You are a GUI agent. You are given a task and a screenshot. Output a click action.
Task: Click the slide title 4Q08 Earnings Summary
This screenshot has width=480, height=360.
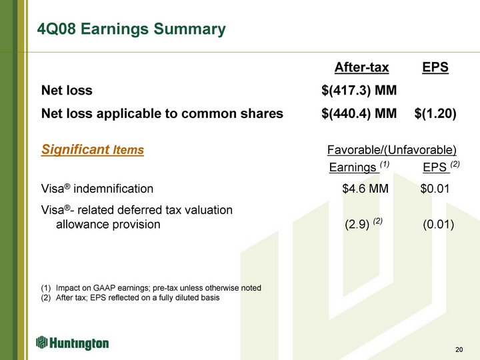coord(131,29)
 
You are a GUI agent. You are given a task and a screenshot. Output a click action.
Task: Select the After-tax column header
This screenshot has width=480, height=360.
coord(361,67)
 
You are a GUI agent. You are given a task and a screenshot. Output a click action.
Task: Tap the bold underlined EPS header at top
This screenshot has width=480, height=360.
coord(435,67)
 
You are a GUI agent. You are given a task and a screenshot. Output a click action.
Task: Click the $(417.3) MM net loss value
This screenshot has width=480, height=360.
coord(359,90)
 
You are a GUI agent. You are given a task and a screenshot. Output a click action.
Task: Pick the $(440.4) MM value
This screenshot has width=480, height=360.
coord(359,113)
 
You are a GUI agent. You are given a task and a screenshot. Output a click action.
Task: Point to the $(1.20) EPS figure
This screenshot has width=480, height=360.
coord(435,113)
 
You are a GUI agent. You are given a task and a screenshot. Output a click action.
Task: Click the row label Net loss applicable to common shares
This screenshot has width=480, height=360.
coord(162,113)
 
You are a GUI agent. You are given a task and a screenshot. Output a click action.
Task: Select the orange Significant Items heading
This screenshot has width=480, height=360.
coord(93,149)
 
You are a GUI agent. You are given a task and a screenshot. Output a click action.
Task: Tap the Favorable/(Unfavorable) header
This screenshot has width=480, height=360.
coord(392,150)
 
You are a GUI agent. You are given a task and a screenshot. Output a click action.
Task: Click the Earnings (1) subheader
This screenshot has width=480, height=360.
coord(359,167)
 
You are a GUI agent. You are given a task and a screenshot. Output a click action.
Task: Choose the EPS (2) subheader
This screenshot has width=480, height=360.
coord(441,167)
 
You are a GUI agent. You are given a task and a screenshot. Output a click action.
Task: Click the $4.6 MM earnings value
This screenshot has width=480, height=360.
coord(365,189)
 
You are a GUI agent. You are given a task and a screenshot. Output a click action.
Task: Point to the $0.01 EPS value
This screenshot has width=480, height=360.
coord(435,189)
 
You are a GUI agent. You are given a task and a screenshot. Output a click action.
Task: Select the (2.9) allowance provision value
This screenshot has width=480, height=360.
coord(363,224)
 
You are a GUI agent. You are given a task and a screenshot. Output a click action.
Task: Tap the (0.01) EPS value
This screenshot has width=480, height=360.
coord(439,225)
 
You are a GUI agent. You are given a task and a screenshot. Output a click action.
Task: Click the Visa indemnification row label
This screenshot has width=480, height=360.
coord(97,189)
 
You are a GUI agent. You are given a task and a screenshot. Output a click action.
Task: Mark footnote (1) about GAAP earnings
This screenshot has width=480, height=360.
coord(151,288)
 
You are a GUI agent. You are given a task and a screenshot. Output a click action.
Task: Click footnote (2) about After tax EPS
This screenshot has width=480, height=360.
coord(130,298)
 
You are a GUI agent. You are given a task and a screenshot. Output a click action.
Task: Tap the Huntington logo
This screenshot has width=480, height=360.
coord(72,343)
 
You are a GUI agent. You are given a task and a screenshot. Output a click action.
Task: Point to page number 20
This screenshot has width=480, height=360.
coord(459,349)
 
